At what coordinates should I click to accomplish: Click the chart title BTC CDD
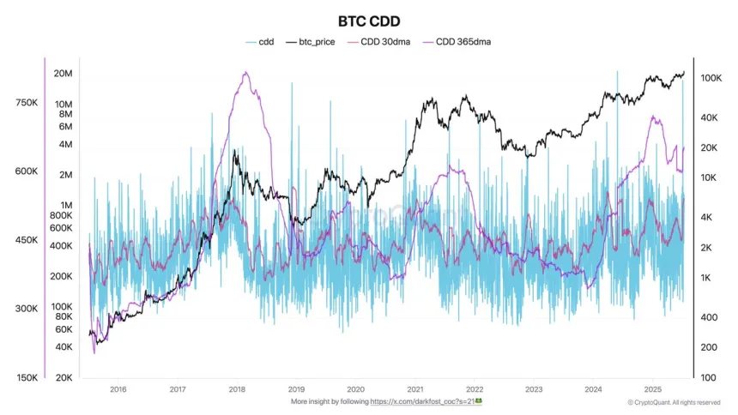click(x=368, y=20)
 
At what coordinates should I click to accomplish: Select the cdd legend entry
click(x=259, y=40)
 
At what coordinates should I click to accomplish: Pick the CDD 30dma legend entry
click(x=383, y=40)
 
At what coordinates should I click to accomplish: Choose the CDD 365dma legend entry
click(x=462, y=40)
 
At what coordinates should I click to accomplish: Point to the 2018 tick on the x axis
click(x=237, y=388)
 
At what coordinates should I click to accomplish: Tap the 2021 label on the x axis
click(x=414, y=388)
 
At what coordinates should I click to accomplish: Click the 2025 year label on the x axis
click(x=651, y=388)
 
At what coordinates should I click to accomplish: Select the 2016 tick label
click(x=118, y=388)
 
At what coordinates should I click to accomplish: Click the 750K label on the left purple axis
click(x=26, y=103)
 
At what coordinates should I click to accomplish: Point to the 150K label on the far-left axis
click(x=26, y=377)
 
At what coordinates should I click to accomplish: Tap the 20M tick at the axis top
click(x=63, y=74)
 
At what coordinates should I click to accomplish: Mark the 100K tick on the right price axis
click(x=710, y=78)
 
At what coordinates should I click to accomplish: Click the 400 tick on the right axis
click(x=708, y=317)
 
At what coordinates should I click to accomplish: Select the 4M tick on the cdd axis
click(x=65, y=144)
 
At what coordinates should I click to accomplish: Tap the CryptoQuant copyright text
click(x=674, y=402)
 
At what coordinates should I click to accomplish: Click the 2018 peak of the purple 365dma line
click(x=245, y=73)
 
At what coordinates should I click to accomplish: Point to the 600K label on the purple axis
click(x=26, y=171)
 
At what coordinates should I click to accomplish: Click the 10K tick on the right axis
click(x=708, y=178)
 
